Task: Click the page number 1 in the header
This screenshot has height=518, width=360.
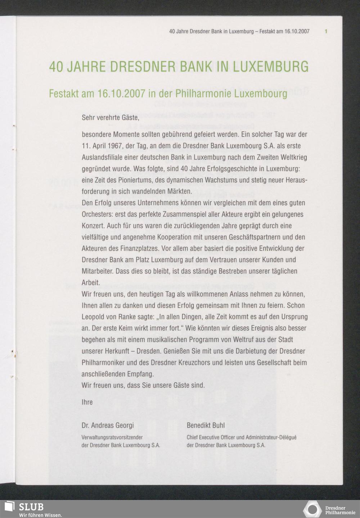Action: (326, 31)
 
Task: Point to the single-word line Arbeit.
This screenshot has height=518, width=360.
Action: (91, 283)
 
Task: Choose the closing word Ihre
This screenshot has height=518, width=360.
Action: (87, 402)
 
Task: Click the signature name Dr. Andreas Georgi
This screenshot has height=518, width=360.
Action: (108, 426)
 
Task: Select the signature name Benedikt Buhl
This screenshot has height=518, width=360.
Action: (206, 426)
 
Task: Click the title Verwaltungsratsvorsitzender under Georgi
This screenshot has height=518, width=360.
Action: (112, 438)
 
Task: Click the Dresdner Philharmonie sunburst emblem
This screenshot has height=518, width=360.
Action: (312, 509)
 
